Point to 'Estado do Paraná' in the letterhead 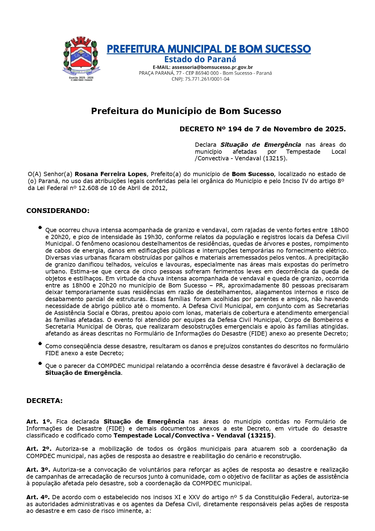(200, 59)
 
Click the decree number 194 (235, 129)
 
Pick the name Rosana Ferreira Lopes (111, 174)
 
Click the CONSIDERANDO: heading (58, 211)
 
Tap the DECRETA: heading (44, 401)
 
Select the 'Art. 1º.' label (39, 422)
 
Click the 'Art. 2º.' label (39, 449)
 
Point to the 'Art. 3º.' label (39, 470)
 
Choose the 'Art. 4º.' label (38, 497)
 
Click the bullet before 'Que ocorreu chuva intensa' (40, 228)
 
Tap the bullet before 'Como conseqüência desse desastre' (40, 344)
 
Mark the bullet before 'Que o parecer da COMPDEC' (40, 363)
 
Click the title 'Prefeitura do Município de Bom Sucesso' (186, 111)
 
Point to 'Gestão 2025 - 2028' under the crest (81, 78)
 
